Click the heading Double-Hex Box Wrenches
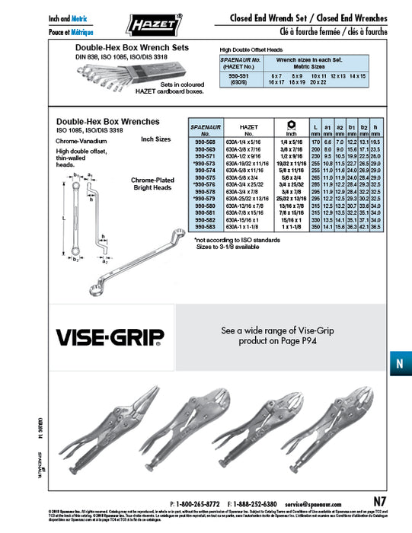click(108, 121)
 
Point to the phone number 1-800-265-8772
click(198, 504)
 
